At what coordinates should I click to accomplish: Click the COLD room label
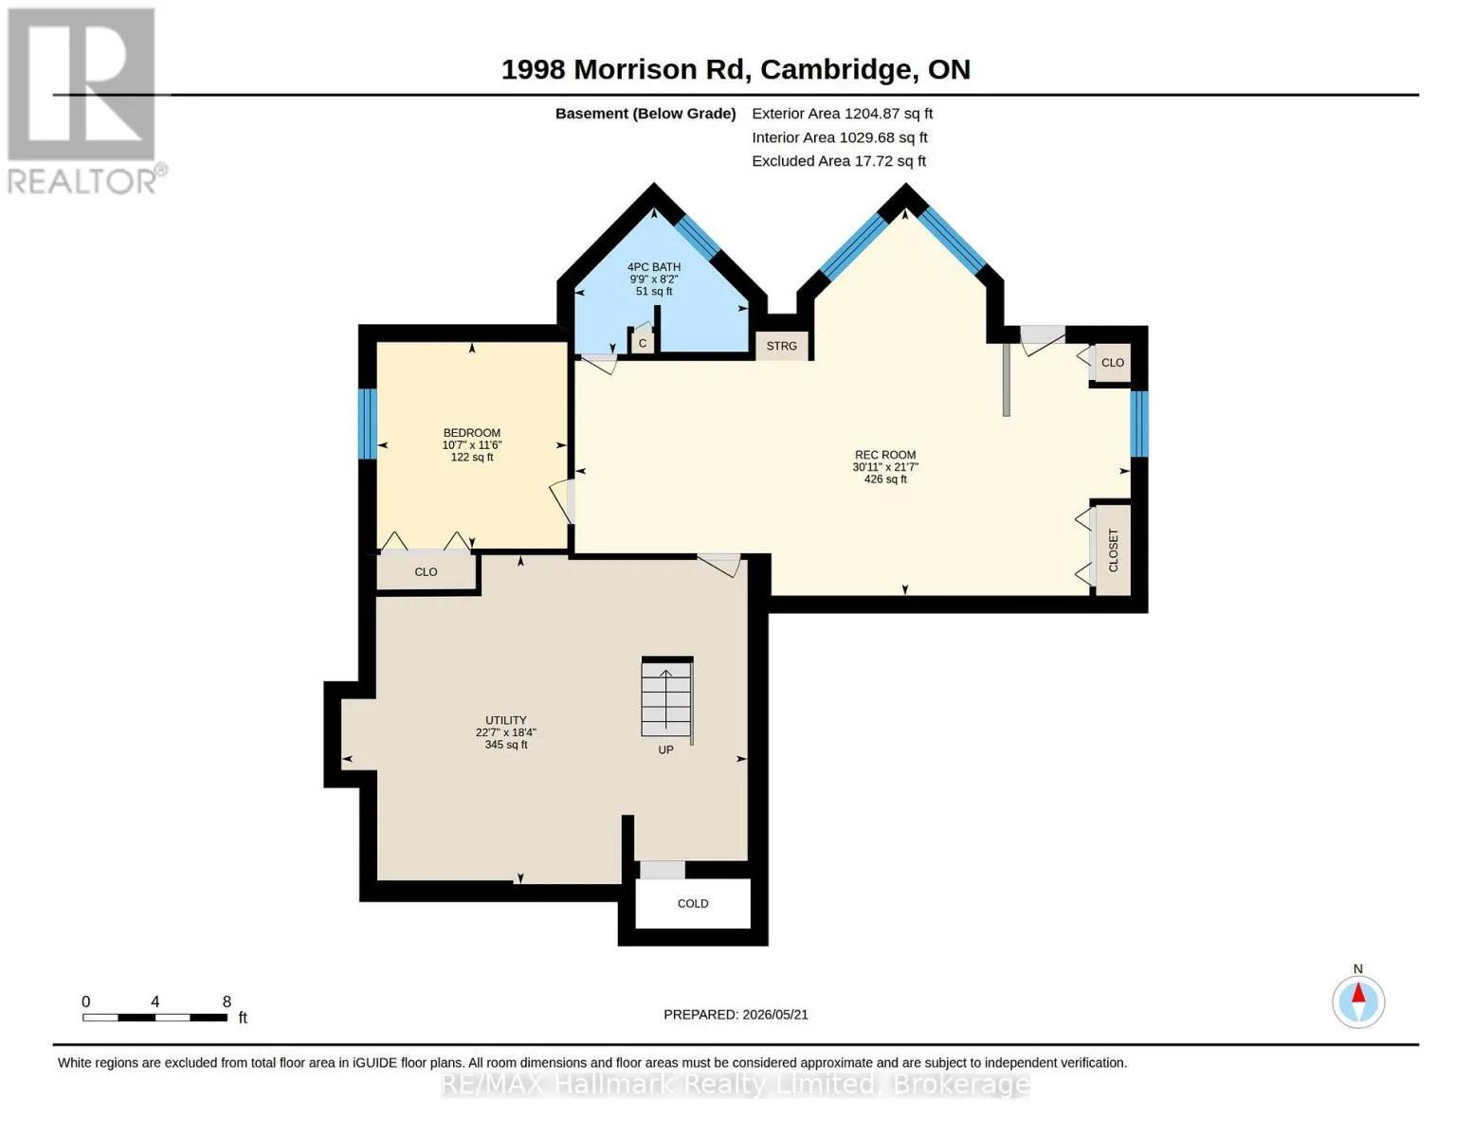click(x=692, y=903)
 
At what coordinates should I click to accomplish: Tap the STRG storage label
click(x=781, y=346)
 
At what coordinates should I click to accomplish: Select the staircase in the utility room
click(x=666, y=697)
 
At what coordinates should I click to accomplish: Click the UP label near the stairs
click(x=666, y=750)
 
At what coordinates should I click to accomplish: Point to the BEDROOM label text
click(x=471, y=433)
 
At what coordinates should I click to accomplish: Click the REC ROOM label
click(x=884, y=455)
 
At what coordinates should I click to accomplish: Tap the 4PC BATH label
click(x=654, y=267)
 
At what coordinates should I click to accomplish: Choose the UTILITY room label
click(x=505, y=720)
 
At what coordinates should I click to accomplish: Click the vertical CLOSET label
click(x=1113, y=550)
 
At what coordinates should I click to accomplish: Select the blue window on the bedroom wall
click(x=367, y=424)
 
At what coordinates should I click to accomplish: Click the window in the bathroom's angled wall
click(x=697, y=237)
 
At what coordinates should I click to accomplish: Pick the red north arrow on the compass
click(x=1358, y=992)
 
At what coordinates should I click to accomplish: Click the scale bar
click(x=155, y=1017)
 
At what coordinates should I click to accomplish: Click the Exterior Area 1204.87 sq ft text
click(x=842, y=114)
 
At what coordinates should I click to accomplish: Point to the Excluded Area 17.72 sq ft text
click(x=839, y=161)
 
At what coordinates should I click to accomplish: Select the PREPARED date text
click(x=736, y=1015)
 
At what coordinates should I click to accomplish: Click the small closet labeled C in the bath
click(x=643, y=343)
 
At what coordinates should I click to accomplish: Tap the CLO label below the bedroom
click(x=426, y=572)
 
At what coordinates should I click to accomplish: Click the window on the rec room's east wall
click(x=1139, y=424)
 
